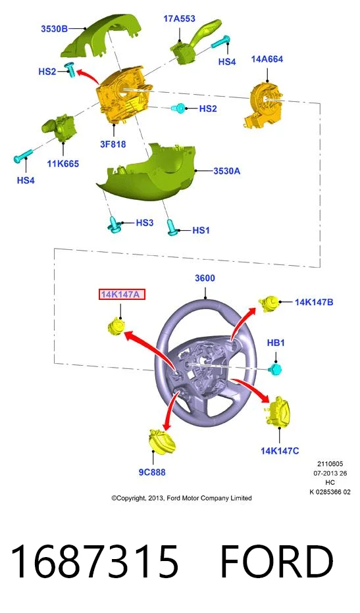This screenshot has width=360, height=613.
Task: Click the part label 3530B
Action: [55, 28]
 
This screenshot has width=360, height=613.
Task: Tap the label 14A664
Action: [267, 59]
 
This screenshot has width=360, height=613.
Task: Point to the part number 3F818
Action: [113, 144]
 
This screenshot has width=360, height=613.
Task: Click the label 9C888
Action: [152, 472]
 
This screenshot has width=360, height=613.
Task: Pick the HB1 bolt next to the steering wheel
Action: [276, 368]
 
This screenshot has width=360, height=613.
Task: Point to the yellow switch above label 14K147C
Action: [278, 412]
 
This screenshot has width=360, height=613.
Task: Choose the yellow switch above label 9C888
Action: [162, 441]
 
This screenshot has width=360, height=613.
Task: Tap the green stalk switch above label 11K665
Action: [59, 127]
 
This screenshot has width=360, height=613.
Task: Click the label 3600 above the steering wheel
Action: [205, 278]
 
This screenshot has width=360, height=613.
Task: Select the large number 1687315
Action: [94, 562]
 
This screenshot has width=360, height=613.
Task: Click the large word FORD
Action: [276, 562]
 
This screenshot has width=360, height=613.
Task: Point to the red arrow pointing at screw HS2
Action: [88, 75]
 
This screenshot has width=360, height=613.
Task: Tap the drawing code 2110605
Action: [330, 464]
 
